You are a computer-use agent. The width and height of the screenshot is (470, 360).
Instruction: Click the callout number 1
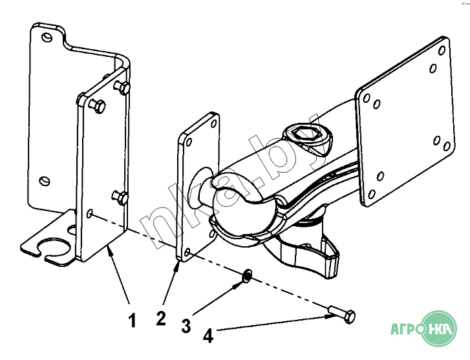[x=132, y=320]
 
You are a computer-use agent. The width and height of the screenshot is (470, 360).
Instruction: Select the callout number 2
[x=161, y=319]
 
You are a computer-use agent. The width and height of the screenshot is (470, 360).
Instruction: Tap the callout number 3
[x=186, y=326]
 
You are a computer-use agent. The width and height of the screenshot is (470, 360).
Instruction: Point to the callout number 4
[x=208, y=335]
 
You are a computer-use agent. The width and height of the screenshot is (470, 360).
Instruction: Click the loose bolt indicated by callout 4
[x=343, y=315]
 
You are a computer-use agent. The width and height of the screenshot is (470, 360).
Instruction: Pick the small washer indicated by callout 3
[x=248, y=275]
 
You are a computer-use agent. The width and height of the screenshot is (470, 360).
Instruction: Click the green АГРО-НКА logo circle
[x=438, y=329]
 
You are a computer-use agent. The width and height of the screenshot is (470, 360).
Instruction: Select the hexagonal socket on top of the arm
[x=306, y=136]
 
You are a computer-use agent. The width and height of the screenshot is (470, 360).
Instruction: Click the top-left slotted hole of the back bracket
[x=47, y=37]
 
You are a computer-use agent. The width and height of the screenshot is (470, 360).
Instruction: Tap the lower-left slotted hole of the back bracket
[x=45, y=181]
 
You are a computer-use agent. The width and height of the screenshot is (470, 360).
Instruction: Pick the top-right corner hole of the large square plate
[x=442, y=50]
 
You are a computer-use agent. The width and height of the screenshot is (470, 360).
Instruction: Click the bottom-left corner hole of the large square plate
[x=371, y=195]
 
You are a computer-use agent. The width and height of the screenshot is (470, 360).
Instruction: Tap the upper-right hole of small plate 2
[x=214, y=124]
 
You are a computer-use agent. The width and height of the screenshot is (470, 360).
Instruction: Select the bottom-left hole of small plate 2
[x=187, y=253]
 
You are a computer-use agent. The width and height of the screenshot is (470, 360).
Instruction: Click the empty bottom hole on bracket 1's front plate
[x=89, y=213]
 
